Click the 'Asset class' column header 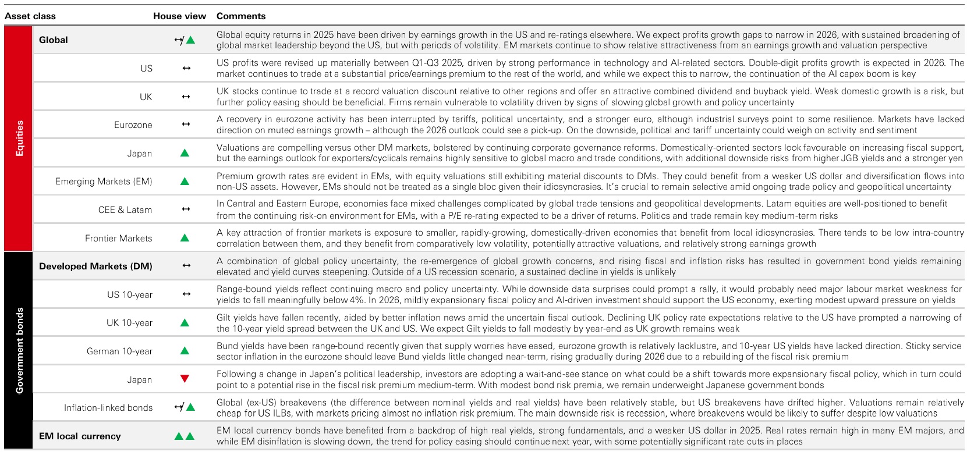(x=30, y=16)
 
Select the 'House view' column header (x=179, y=16)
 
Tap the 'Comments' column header (x=241, y=16)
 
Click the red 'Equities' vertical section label (x=19, y=138)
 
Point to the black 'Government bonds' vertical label (x=19, y=350)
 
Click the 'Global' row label (x=54, y=40)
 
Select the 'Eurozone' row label (x=133, y=125)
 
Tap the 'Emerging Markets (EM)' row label (x=104, y=182)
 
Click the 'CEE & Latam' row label (x=125, y=210)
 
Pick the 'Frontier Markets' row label (x=119, y=239)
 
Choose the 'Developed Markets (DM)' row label (x=95, y=266)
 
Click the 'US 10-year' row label (x=130, y=295)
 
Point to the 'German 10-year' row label (x=119, y=351)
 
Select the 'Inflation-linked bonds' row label (x=108, y=408)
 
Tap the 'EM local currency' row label (x=80, y=436)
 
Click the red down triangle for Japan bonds (x=185, y=379)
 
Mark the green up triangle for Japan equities (x=185, y=153)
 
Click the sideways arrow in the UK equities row (x=186, y=97)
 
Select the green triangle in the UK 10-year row (x=185, y=323)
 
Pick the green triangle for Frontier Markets (x=185, y=238)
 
